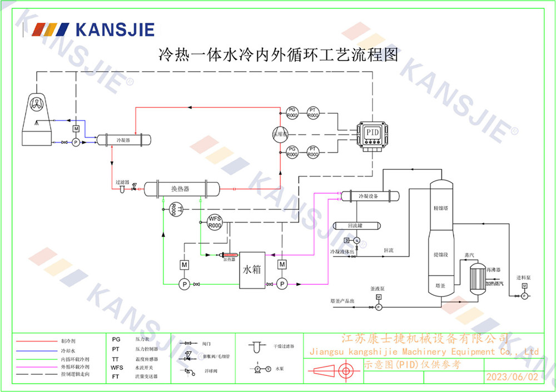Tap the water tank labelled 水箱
tap(252, 270)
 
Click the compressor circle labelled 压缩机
tap(279, 133)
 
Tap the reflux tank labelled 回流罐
tap(356, 225)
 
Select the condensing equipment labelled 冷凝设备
tap(369, 196)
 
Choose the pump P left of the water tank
tap(183, 284)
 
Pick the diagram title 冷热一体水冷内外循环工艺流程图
tap(278, 54)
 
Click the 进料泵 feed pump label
tap(524, 278)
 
